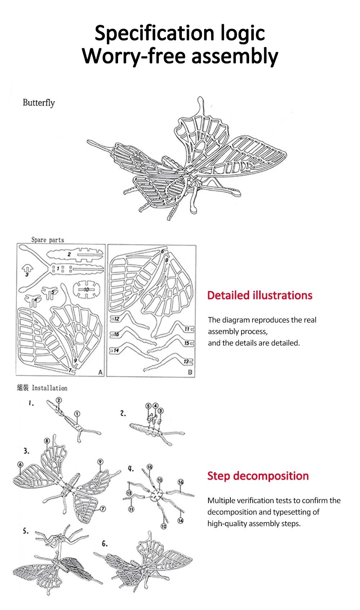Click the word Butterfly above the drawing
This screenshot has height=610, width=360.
pyautogui.click(x=39, y=103)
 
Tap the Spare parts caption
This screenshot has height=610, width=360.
pyautogui.click(x=48, y=240)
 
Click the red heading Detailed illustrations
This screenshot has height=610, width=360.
pyautogui.click(x=260, y=295)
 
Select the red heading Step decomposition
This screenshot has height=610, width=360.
pyautogui.click(x=258, y=476)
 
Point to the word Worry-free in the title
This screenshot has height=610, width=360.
pyautogui.click(x=133, y=57)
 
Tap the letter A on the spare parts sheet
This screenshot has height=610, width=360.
pyautogui.click(x=100, y=372)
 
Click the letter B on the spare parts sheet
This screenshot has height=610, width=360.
pyautogui.click(x=190, y=372)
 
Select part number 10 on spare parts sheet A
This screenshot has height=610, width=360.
pyautogui.click(x=86, y=289)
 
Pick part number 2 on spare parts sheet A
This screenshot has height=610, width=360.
pyautogui.click(x=69, y=254)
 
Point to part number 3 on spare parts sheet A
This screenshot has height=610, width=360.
pyautogui.click(x=27, y=275)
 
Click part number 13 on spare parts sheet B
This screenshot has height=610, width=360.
pyautogui.click(x=186, y=361)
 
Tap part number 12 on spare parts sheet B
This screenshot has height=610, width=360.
pyautogui.click(x=116, y=318)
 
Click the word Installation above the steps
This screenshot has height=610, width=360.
pyautogui.click(x=49, y=388)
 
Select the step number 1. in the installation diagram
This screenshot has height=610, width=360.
pyautogui.click(x=31, y=403)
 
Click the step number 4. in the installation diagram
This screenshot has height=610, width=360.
pyautogui.click(x=131, y=469)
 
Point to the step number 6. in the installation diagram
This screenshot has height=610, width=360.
pyautogui.click(x=104, y=543)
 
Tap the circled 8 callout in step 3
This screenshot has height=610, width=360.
pyautogui.click(x=47, y=441)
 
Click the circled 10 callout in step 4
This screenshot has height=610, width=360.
pyautogui.click(x=160, y=480)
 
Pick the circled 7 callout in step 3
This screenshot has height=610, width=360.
pyautogui.click(x=103, y=509)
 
